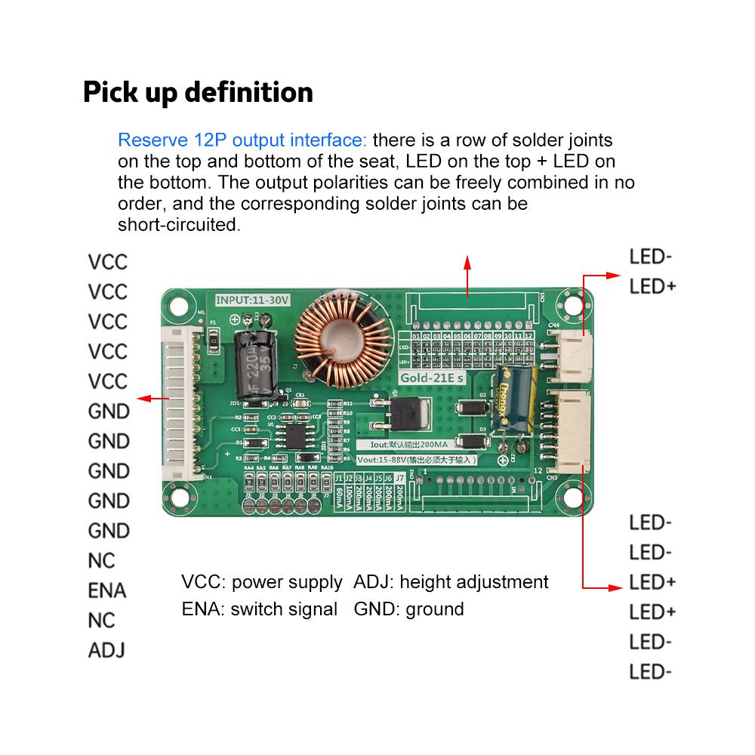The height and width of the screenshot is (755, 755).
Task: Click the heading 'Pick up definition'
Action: coord(198,92)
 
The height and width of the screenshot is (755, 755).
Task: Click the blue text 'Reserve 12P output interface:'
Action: coord(242,140)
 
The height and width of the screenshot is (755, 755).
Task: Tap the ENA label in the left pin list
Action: coord(107,590)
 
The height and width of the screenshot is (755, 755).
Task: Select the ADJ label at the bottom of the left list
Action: coord(106,650)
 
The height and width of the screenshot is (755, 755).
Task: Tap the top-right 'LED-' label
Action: coord(650,257)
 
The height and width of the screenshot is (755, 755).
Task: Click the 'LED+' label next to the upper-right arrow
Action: coord(652,287)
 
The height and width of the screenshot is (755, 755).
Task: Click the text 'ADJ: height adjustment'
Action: coord(451,582)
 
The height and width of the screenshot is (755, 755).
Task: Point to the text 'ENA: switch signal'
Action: coord(259,609)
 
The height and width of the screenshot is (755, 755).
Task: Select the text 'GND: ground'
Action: coord(408,609)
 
